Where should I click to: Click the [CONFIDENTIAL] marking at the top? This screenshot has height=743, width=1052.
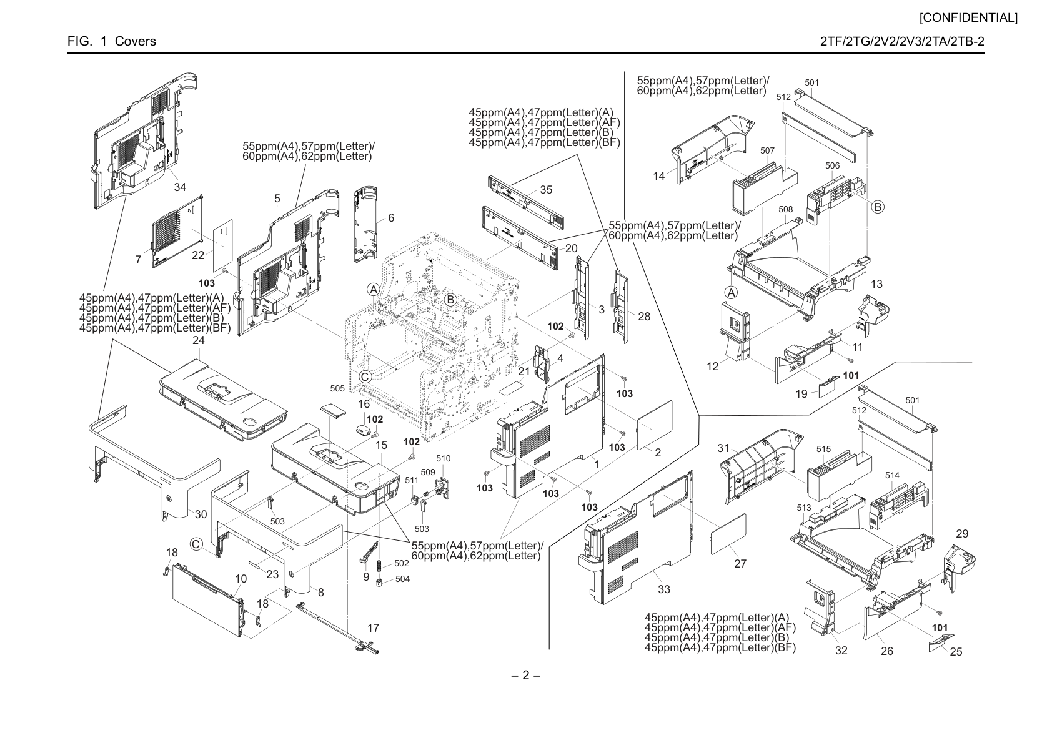(968, 18)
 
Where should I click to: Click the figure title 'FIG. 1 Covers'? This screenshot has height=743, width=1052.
(112, 41)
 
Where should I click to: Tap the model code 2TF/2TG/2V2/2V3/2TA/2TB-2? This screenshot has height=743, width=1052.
(902, 41)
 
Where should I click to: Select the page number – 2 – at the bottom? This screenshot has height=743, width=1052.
(525, 675)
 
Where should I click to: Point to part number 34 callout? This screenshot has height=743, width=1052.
(180, 187)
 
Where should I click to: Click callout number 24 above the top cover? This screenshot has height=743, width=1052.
(199, 340)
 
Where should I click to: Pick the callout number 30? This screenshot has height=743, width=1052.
(201, 514)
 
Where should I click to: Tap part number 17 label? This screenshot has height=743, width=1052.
(373, 628)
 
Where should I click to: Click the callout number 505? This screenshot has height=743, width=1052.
(337, 388)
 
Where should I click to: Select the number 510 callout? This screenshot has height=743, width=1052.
(444, 458)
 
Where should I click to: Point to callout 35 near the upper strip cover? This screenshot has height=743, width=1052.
(546, 190)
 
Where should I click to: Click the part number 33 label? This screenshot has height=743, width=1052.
(664, 589)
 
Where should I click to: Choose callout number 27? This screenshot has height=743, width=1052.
(740, 564)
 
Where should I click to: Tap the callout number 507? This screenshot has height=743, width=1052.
(767, 150)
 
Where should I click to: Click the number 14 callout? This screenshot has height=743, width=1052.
(659, 176)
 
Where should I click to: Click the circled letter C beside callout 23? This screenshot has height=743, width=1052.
(196, 544)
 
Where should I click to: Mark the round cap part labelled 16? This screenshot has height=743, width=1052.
(364, 430)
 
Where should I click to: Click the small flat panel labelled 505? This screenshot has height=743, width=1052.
(334, 408)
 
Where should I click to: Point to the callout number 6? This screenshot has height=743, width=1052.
(391, 218)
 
